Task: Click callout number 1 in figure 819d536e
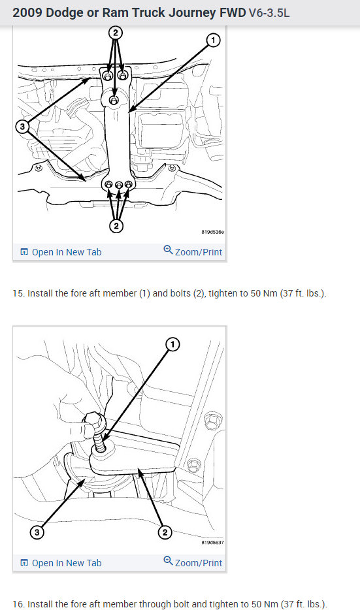[x=213, y=40]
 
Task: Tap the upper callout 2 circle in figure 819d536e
[x=115, y=32]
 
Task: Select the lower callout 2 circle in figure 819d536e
[x=116, y=225]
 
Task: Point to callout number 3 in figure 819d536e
[x=23, y=127]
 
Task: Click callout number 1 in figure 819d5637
[x=172, y=344]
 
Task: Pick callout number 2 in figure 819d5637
[x=165, y=532]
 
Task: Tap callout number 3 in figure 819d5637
[x=37, y=532]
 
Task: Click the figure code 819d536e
[x=212, y=232]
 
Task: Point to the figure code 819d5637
[x=212, y=542]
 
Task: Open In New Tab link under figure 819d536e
[x=61, y=252]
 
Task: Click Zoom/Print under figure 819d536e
[x=193, y=251]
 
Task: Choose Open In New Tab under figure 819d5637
[x=61, y=563]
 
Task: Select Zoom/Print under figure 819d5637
[x=193, y=562]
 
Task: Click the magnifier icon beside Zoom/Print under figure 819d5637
[x=168, y=561]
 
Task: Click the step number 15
[x=18, y=293]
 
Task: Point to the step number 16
[x=18, y=603]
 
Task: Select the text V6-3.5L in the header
[x=269, y=13]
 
